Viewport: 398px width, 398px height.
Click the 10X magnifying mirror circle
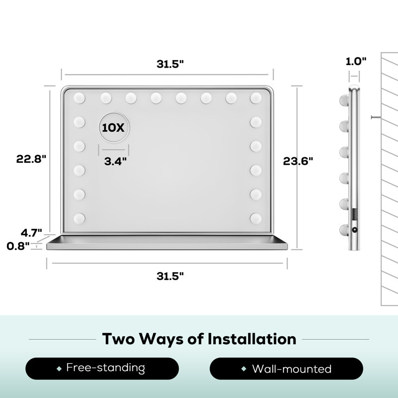(x=114, y=127)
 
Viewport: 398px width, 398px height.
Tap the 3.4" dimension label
(x=115, y=161)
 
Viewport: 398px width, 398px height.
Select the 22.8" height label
(x=31, y=159)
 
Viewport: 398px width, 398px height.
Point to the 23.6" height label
(x=298, y=161)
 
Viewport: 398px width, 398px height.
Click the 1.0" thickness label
(x=356, y=61)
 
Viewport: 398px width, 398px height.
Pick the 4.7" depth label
(x=31, y=233)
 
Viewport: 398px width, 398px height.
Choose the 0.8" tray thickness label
(x=18, y=246)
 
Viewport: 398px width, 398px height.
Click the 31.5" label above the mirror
(x=170, y=64)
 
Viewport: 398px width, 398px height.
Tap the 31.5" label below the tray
(x=170, y=276)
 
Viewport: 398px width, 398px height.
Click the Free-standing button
(x=102, y=369)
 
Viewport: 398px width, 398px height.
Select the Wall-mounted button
(x=287, y=369)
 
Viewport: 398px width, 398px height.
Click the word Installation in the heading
(x=252, y=339)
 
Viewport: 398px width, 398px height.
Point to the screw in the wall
(x=376, y=117)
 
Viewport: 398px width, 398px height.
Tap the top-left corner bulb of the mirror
(x=79, y=98)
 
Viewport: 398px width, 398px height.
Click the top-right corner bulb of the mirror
(x=256, y=98)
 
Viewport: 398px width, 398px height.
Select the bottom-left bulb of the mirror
(x=79, y=218)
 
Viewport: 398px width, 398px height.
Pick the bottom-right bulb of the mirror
(x=256, y=218)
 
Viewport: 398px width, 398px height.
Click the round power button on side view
(x=354, y=230)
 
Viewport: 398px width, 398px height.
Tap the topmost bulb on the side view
(x=344, y=100)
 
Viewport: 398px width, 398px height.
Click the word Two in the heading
(x=118, y=339)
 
